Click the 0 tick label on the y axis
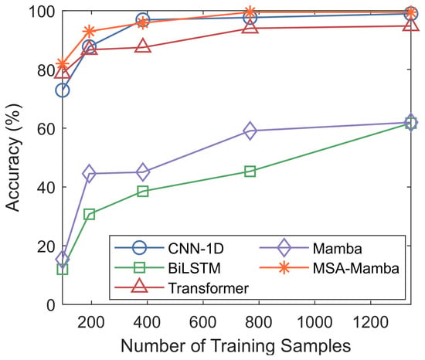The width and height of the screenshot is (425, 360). pos(51,305)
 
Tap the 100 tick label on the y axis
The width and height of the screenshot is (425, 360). pos(42,12)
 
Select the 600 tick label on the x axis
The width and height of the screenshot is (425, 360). pos(203,323)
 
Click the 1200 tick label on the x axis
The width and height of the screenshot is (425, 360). pos(370,323)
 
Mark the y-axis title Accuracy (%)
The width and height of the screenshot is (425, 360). pos(13,158)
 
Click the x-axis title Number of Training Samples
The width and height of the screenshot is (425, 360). pos(236,346)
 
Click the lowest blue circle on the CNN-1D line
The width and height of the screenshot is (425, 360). pos(63,90)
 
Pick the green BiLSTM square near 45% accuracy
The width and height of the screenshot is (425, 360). pos(250,172)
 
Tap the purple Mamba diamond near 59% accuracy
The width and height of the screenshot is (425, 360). pos(250,131)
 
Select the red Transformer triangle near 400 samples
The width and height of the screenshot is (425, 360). pos(143,46)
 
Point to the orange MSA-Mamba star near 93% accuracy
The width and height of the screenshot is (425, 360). pos(89,32)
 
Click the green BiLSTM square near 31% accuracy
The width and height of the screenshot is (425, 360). pos(89,214)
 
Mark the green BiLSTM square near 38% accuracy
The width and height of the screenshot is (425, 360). pos(143,192)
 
